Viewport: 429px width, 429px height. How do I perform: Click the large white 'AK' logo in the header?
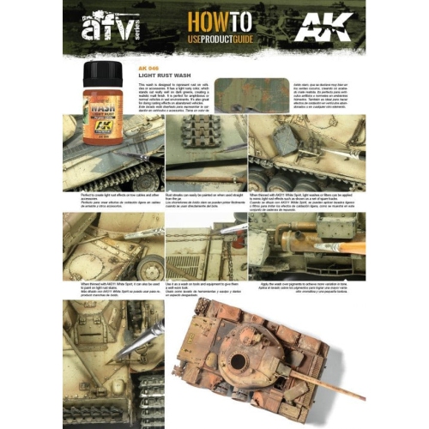pyautogui.click(x=321, y=31)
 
